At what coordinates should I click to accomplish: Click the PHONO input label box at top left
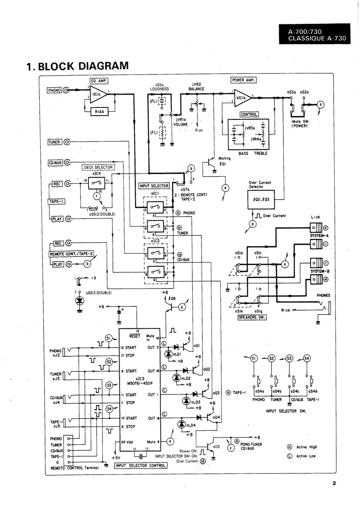point(54,90)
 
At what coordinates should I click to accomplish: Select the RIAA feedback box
point(99,112)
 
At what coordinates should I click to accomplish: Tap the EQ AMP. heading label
point(99,81)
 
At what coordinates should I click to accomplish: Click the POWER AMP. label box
point(243,80)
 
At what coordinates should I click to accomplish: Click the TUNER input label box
point(54,142)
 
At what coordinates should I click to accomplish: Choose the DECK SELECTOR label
point(98,167)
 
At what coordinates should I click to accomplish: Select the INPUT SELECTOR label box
point(154,186)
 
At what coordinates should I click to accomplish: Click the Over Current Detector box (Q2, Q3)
point(261,199)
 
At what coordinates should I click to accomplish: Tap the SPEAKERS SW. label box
point(252,317)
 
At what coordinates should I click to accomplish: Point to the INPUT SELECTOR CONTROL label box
point(141,465)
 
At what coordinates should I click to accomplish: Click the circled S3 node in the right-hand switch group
point(289,358)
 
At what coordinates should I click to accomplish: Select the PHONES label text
point(323,295)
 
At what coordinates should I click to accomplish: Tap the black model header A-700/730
point(314,34)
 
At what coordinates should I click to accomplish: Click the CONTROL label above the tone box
point(249,114)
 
